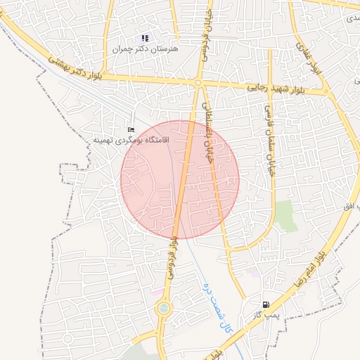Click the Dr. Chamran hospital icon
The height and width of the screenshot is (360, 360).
[x=145, y=38]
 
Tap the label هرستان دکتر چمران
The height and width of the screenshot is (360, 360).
[x=146, y=49]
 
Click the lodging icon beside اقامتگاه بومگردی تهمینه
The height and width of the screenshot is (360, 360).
[x=131, y=130]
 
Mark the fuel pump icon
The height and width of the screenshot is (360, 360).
[x=266, y=305]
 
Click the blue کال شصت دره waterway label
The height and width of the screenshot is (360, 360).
[x=217, y=297]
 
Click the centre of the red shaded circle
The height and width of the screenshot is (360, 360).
[x=180, y=180]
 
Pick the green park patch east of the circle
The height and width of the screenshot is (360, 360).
[x=284, y=215]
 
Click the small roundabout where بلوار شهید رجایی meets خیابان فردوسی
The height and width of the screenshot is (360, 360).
[x=198, y=83]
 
